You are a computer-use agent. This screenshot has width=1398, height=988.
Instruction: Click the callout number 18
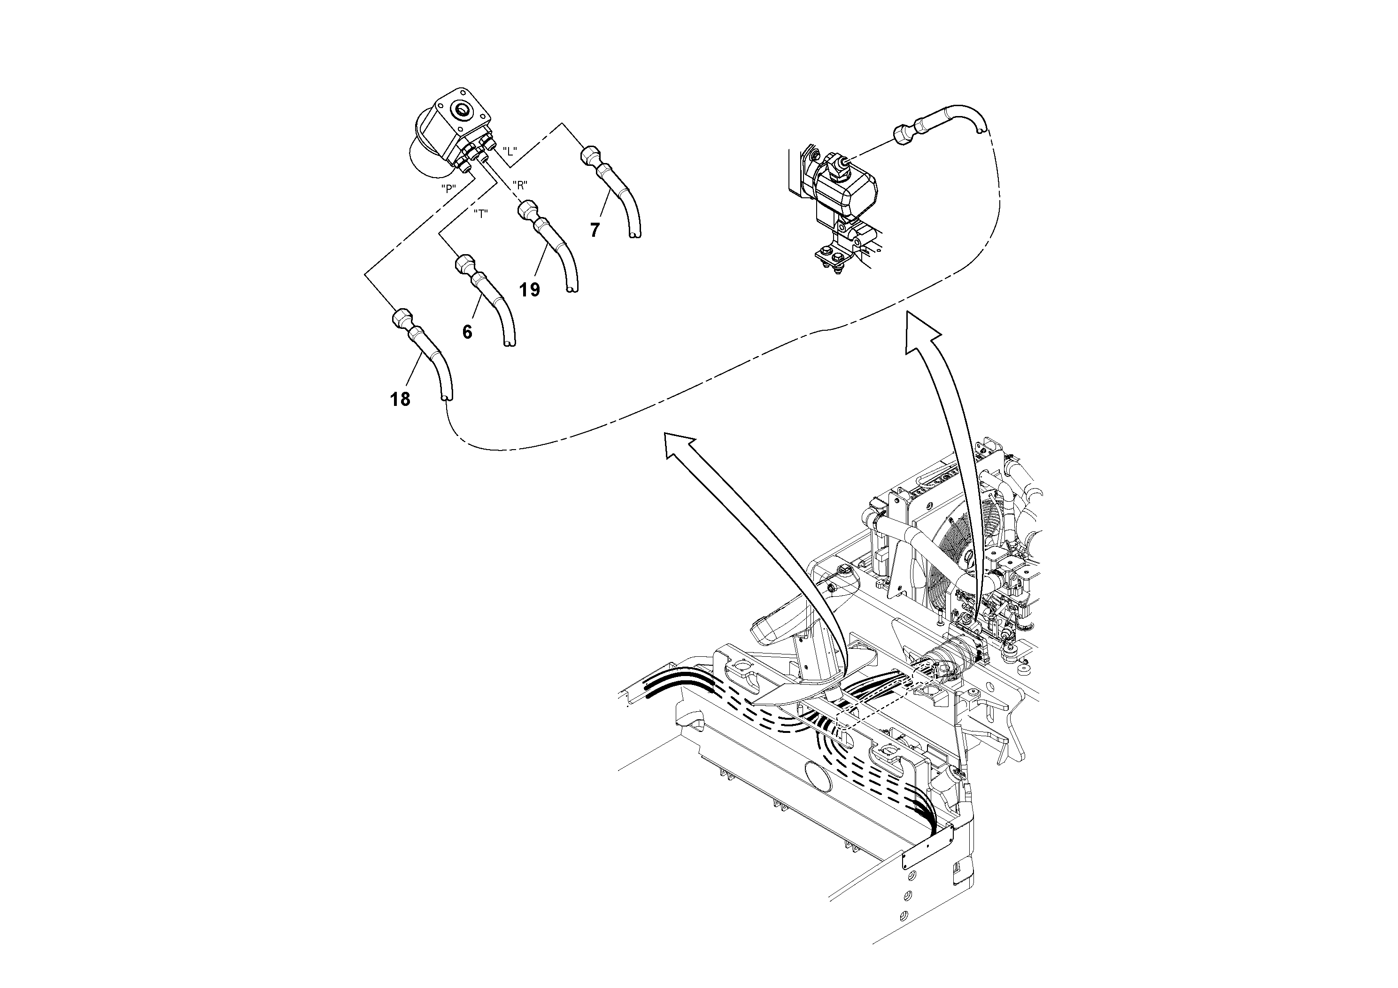[x=400, y=400]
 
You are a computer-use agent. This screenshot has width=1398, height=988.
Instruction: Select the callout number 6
[x=467, y=332]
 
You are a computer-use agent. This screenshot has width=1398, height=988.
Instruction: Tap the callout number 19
[x=530, y=290]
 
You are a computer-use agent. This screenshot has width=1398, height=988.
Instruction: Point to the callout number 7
[x=595, y=230]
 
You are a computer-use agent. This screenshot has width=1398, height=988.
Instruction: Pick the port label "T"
[x=481, y=214]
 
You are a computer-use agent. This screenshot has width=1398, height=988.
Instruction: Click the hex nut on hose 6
[x=464, y=265]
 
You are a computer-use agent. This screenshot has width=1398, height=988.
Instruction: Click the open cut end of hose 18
[x=446, y=398]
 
